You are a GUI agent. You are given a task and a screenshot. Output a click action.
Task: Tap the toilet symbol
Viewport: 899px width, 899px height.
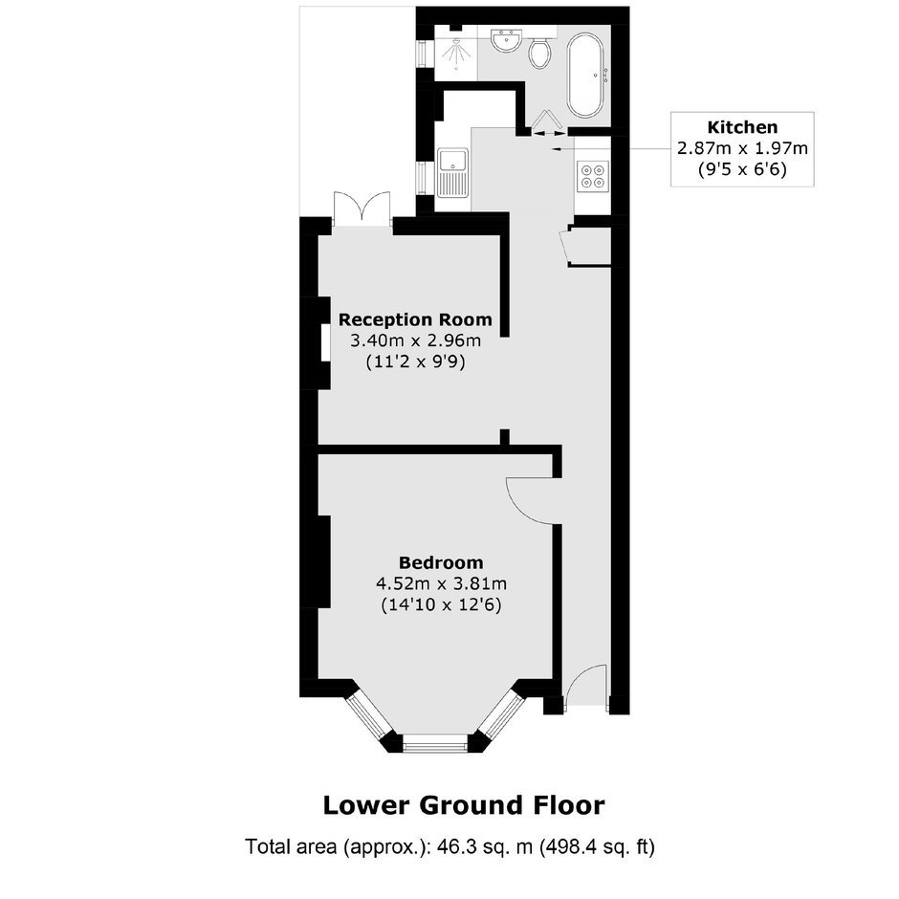pos(539,53)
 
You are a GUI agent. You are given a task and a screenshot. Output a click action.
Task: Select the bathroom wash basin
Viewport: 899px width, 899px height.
pos(506,41)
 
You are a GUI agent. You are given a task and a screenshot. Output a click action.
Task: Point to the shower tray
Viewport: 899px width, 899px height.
pos(456,53)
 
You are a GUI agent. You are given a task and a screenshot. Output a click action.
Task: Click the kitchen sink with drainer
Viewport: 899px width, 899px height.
pos(453,172)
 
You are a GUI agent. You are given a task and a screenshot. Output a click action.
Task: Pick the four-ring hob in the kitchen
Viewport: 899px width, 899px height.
pos(593,175)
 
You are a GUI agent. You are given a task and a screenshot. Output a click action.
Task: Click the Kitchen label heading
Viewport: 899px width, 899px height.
pos(742,126)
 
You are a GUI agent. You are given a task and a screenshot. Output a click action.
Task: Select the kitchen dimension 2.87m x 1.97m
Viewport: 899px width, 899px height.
pos(742,148)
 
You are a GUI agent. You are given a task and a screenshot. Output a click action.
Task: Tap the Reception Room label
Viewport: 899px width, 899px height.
pos(415,319)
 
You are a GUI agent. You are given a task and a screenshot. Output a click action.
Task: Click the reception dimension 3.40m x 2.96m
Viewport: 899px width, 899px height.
pos(415,341)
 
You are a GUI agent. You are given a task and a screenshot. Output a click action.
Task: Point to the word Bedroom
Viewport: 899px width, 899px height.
pos(441,562)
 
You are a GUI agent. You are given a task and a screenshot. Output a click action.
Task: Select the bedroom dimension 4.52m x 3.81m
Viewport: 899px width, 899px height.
pos(441,584)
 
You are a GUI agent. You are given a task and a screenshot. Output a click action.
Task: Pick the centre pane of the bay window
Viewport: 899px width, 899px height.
pos(436,746)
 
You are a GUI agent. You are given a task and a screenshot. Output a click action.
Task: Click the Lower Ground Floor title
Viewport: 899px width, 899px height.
pos(464,805)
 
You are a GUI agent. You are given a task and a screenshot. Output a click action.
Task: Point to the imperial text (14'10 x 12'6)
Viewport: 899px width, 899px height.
pos(441,605)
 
